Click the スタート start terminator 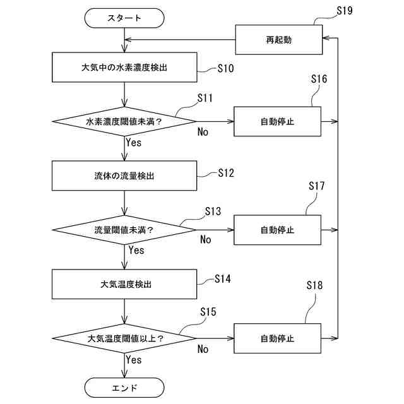(124, 18)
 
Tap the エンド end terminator (124, 388)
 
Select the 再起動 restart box (279, 40)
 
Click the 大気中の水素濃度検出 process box (125, 68)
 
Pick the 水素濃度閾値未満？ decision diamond (124, 121)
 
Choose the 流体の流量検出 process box (124, 176)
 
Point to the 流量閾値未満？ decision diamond (124, 230)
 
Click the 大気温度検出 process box (124, 285)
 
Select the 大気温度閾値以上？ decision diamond (124, 338)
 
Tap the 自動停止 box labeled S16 (278, 121)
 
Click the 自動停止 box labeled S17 (278, 230)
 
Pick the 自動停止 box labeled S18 (278, 338)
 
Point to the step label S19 (345, 11)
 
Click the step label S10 (226, 68)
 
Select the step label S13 (213, 211)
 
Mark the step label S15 (208, 312)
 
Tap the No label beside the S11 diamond (203, 132)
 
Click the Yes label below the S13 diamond (136, 250)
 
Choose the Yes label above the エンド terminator (134, 360)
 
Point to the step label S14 (223, 279)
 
